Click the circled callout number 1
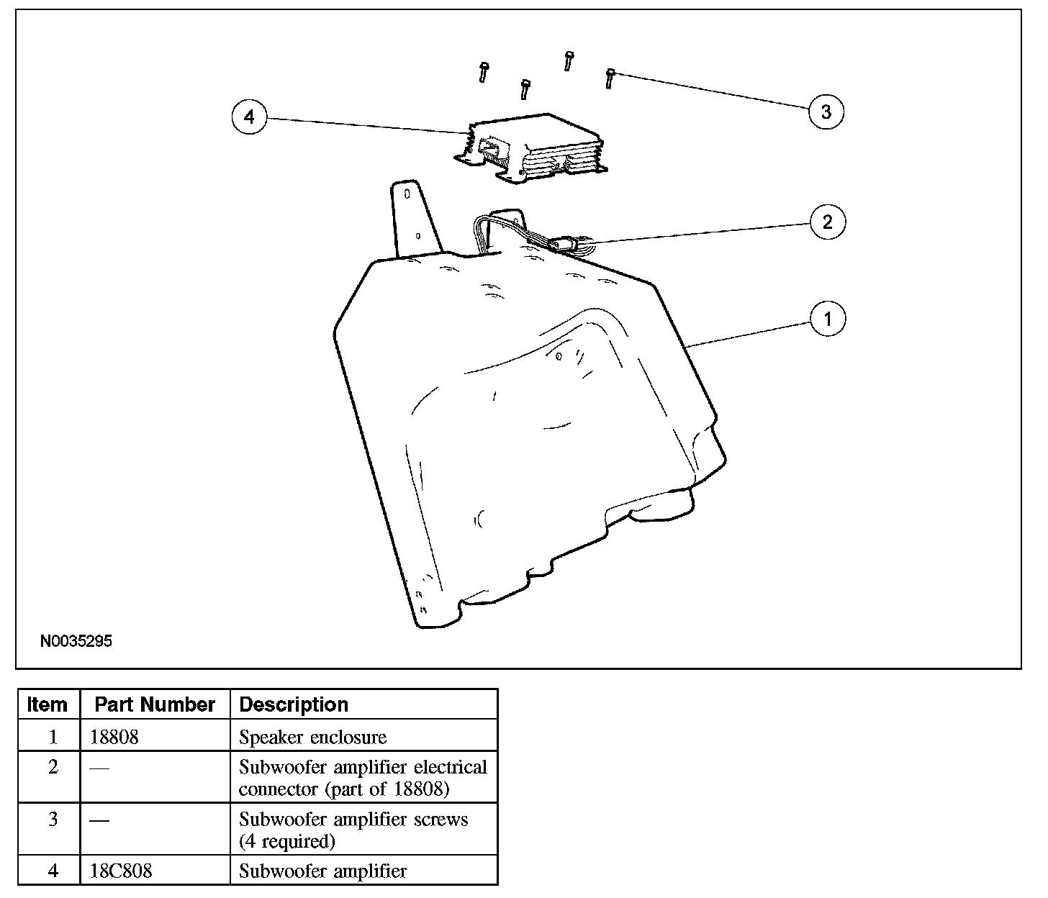coord(827,318)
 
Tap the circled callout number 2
coord(827,222)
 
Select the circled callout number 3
coord(826,112)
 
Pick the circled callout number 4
coord(249,117)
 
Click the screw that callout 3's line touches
coord(610,77)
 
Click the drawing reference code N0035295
coord(76,641)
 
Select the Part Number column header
coord(155,704)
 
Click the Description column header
coord(294,704)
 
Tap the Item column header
coord(48,704)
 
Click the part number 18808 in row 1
coord(114,737)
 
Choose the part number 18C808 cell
coord(121,871)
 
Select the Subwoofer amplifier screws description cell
coord(353,830)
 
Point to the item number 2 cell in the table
coord(53,767)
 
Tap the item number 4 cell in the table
coord(53,871)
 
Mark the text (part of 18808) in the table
coord(344,789)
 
